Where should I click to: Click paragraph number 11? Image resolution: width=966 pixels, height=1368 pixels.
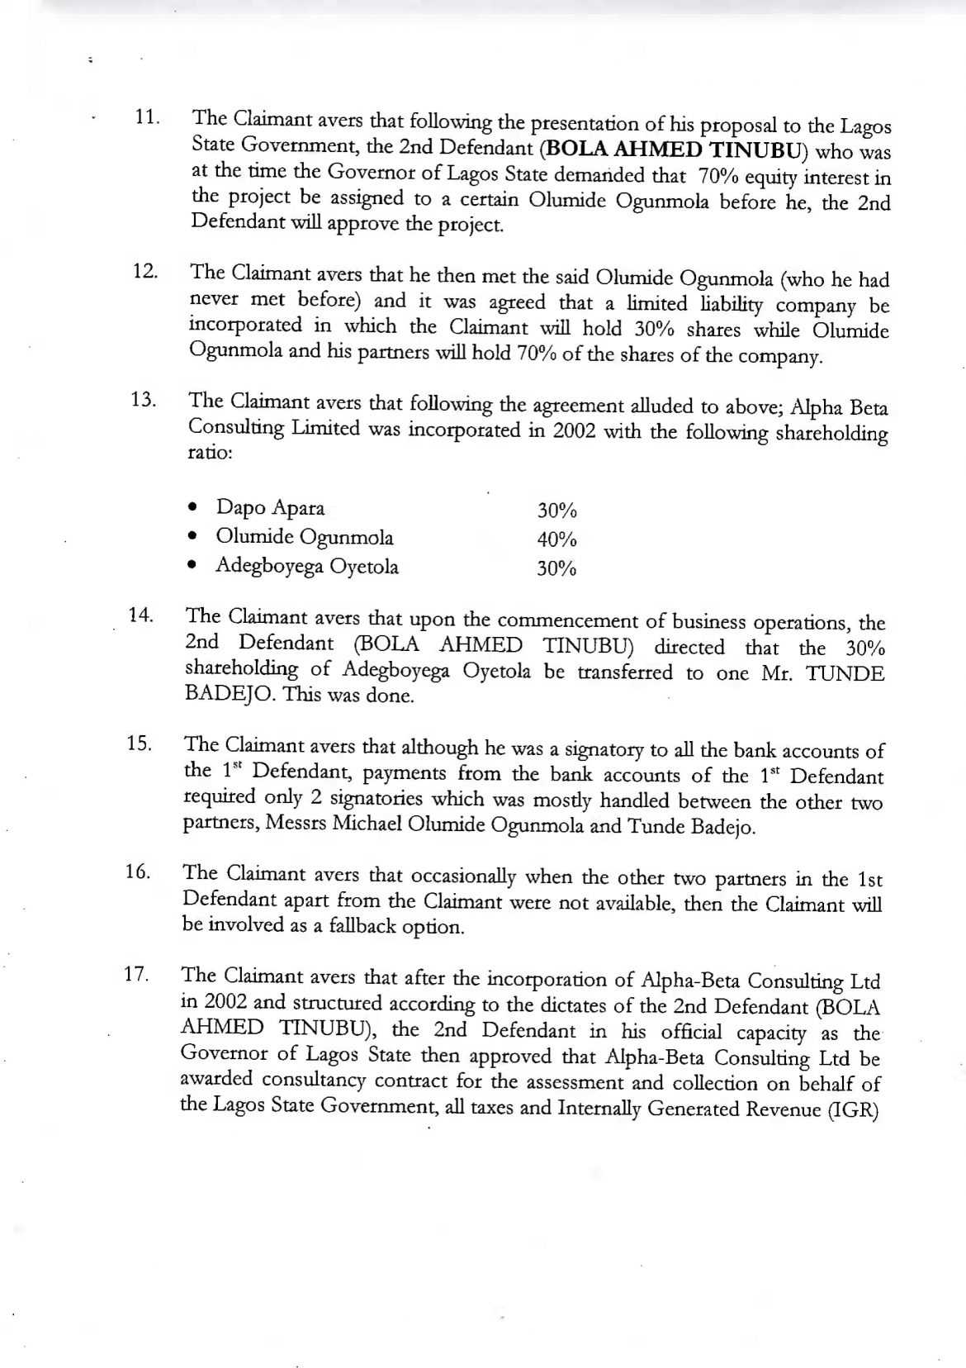pos(146,116)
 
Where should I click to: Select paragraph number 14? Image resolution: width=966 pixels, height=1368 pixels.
pos(141,615)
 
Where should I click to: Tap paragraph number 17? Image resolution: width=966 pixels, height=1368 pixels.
pos(136,974)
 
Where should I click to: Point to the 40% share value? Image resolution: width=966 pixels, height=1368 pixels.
pos(556,539)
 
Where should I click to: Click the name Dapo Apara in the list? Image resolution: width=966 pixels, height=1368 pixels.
pos(270,507)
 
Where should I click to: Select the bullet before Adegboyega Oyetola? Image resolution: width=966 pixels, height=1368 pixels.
pos(192,567)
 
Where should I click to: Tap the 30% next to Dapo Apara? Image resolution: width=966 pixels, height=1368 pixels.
pos(556,511)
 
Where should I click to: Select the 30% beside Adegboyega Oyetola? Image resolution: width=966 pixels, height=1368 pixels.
pos(556,568)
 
